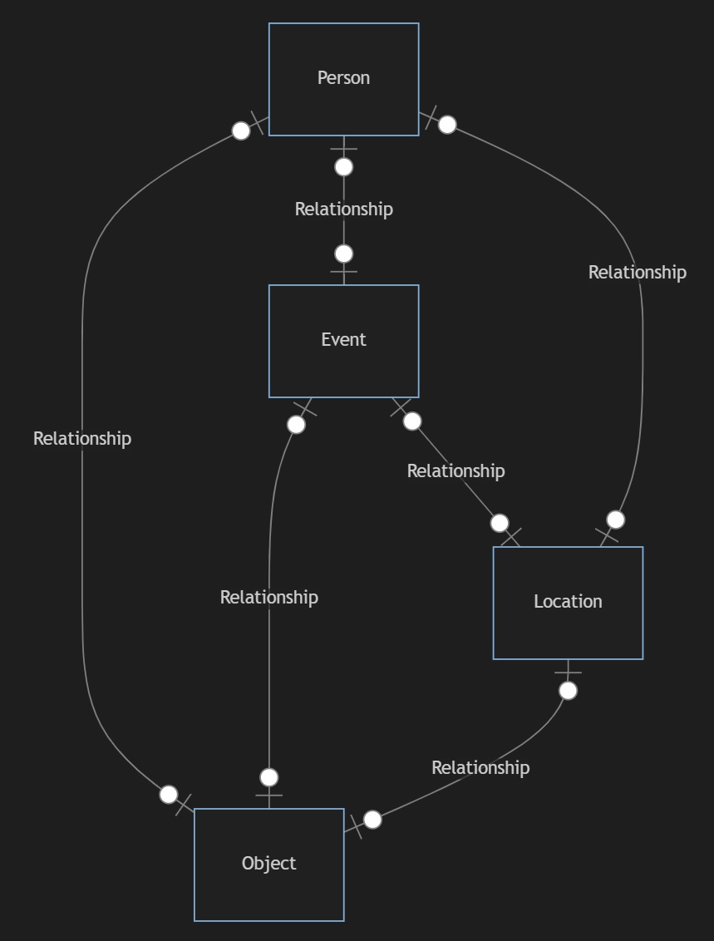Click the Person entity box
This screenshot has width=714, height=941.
pyautogui.click(x=343, y=79)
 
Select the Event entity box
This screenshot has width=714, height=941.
pyautogui.click(x=343, y=341)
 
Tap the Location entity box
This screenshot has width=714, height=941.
pyautogui.click(x=568, y=603)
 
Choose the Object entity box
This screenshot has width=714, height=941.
pyautogui.click(x=268, y=865)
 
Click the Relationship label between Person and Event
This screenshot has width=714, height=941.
pyautogui.click(x=343, y=209)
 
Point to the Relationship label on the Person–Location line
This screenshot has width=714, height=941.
pyautogui.click(x=637, y=273)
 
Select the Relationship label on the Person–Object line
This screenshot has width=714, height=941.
pyautogui.click(x=82, y=439)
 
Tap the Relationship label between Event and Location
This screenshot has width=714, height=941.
pyautogui.click(x=455, y=471)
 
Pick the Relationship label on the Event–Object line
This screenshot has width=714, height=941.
pyautogui.click(x=268, y=598)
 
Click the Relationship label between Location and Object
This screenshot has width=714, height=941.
pyautogui.click(x=480, y=768)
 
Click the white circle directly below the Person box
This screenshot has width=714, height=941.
pyautogui.click(x=343, y=167)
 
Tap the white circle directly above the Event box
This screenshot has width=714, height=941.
pyautogui.click(x=343, y=254)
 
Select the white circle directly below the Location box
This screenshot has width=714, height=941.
pyautogui.click(x=568, y=691)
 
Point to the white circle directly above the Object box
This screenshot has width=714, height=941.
pyautogui.click(x=268, y=777)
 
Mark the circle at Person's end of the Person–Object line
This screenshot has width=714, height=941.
pyautogui.click(x=241, y=131)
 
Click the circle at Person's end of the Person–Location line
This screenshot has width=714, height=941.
pyautogui.click(x=447, y=125)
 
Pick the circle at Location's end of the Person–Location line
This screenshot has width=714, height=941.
pyautogui.click(x=615, y=520)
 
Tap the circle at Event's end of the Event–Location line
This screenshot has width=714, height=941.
pyautogui.click(x=412, y=421)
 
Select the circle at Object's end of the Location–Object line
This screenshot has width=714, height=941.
pyautogui.click(x=373, y=820)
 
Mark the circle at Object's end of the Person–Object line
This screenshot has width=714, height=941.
pyautogui.click(x=169, y=794)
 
